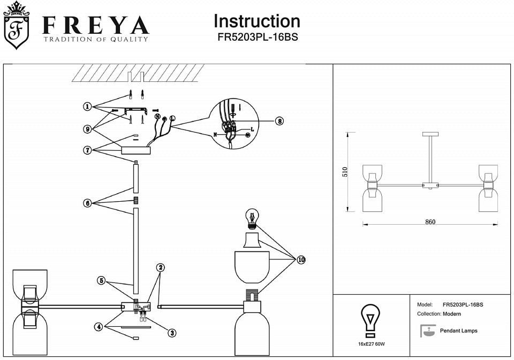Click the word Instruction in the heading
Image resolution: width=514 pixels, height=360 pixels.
click(x=257, y=21)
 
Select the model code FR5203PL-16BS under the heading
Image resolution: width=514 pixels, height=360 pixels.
click(x=257, y=38)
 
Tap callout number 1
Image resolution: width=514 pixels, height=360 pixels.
click(x=87, y=107)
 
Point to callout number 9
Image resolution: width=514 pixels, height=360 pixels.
click(x=87, y=128)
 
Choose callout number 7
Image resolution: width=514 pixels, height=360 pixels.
click(x=87, y=150)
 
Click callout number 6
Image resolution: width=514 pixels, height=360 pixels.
click(x=87, y=203)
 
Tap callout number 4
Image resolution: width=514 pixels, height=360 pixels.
click(x=99, y=326)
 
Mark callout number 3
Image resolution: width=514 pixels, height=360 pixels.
click(x=172, y=333)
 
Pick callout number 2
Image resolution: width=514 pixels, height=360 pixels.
click(x=160, y=267)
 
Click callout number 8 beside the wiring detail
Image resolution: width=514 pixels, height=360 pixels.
click(x=279, y=121)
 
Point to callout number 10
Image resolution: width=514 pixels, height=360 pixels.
click(x=301, y=260)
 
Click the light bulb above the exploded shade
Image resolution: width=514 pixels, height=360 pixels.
click(x=252, y=218)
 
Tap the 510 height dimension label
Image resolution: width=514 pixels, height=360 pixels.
click(x=345, y=172)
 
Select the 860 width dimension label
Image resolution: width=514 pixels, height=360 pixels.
click(x=430, y=222)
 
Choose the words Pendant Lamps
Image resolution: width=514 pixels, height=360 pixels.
click(x=458, y=331)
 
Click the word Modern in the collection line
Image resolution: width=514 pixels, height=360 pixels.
click(x=452, y=314)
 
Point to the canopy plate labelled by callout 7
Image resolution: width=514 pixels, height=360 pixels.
click(x=136, y=151)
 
